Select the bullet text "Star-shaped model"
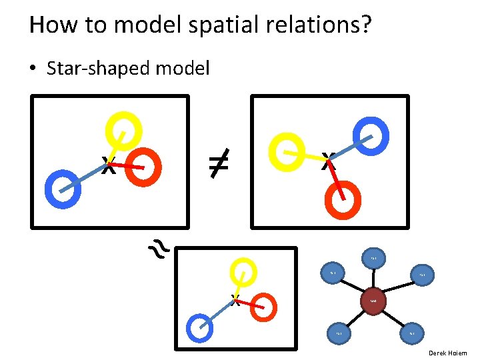point(128,68)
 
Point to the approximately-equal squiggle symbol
point(159,249)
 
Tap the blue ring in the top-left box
point(63,188)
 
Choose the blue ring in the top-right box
point(372,133)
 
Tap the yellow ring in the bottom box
point(243,273)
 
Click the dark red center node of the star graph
point(373,301)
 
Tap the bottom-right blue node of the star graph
point(412,333)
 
